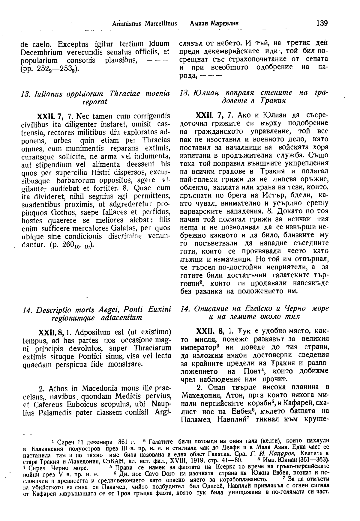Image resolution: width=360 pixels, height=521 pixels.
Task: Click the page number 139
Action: click(x=321, y=23)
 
